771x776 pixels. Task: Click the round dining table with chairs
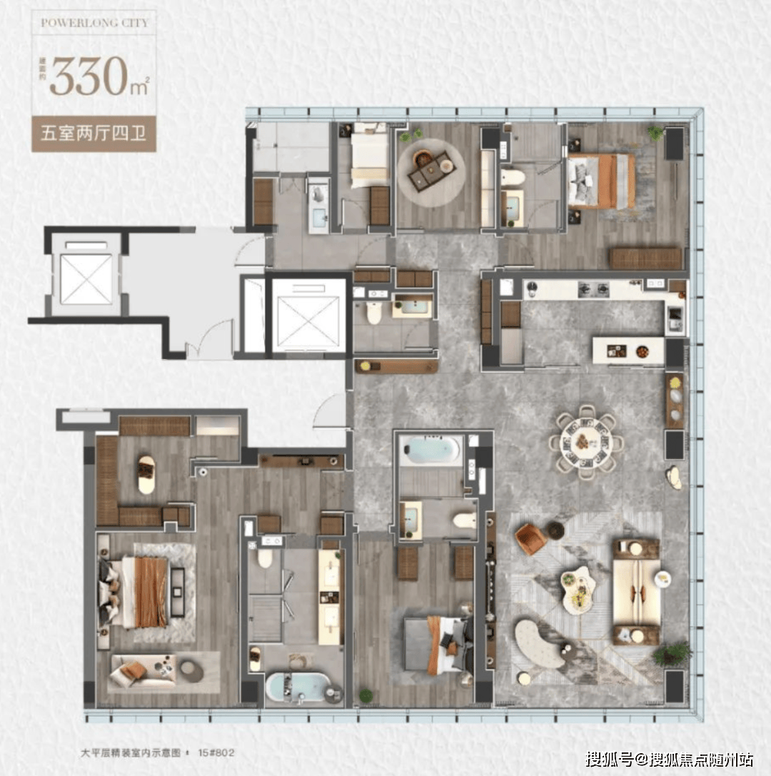coord(586,442)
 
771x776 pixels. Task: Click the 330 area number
coord(89,76)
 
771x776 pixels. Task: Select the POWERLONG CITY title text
coord(94,23)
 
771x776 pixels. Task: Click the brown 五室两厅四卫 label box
coord(94,133)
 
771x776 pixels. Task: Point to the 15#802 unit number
coord(216,752)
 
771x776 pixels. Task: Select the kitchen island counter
coord(628,351)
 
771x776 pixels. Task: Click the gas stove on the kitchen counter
coord(594,289)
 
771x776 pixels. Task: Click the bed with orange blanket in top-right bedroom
coord(601,181)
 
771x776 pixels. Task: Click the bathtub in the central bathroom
coord(430,449)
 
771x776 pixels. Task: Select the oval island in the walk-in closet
coord(146,475)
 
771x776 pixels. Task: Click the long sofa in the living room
coord(636,592)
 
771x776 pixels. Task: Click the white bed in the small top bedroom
coord(369,157)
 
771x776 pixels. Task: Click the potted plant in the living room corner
coord(672,654)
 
